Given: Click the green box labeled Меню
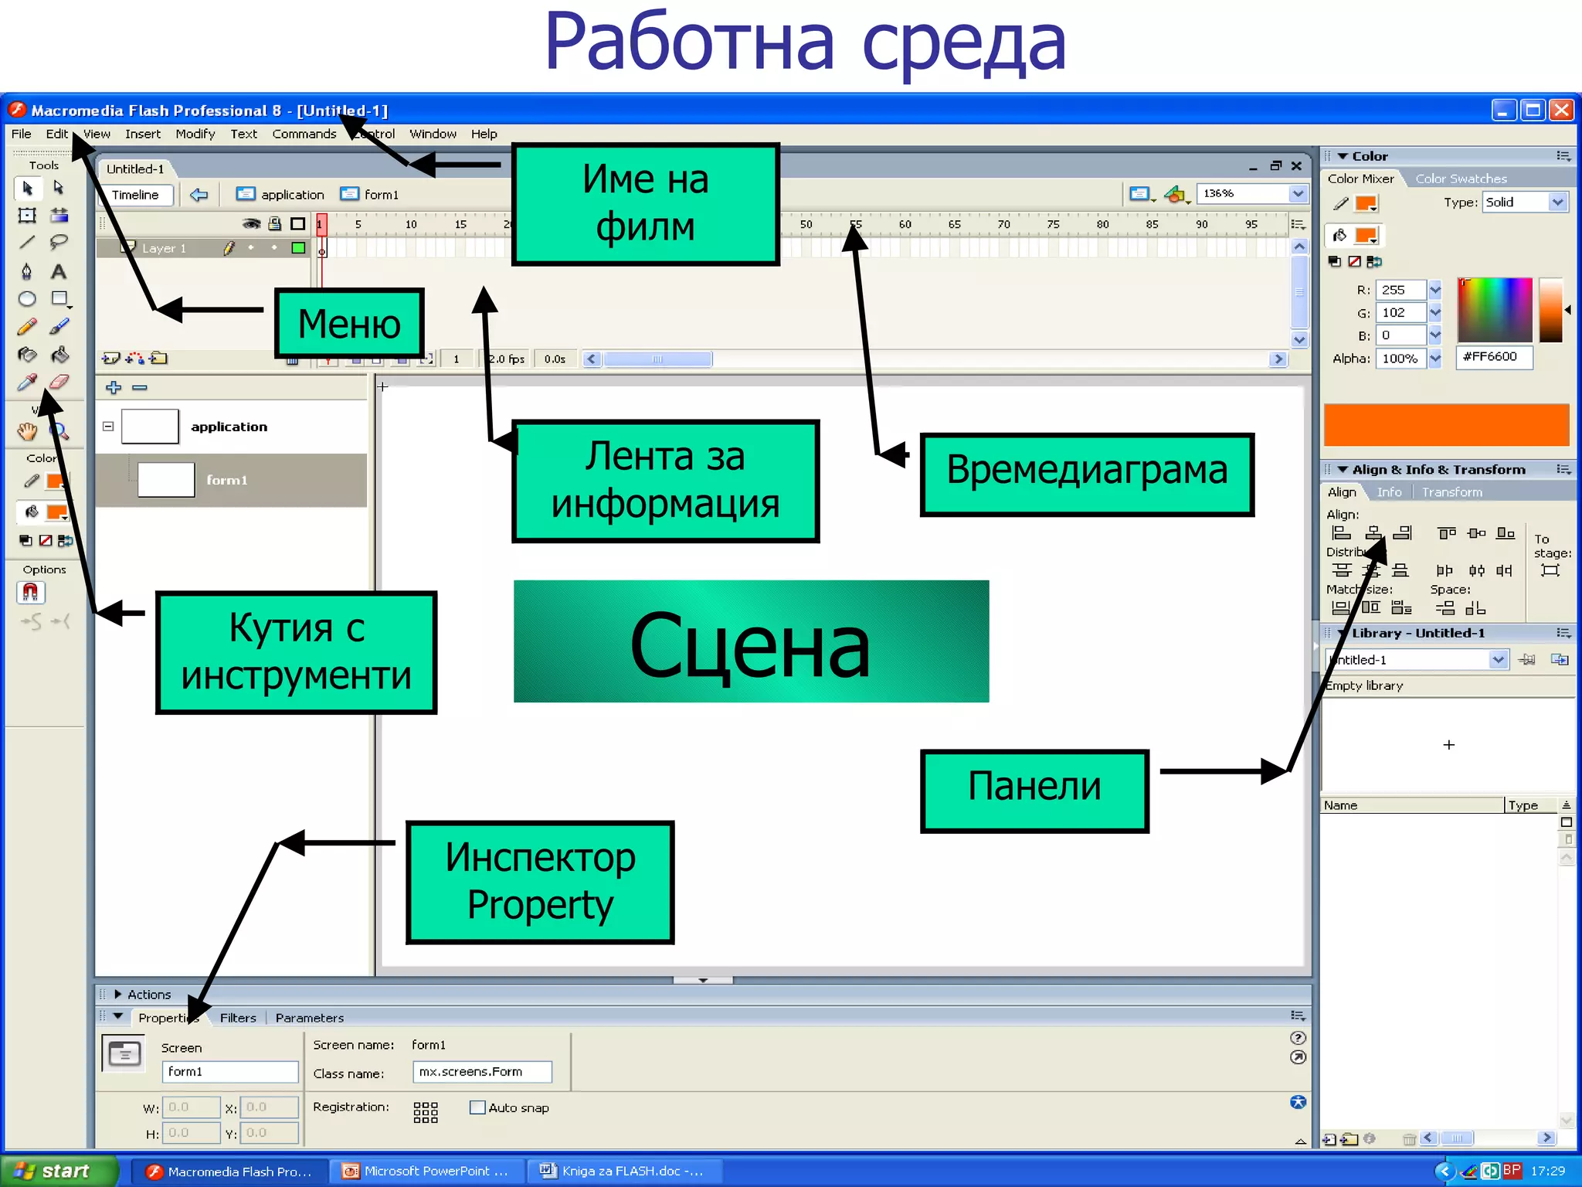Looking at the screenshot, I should click(349, 324).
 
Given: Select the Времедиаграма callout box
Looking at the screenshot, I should click(1086, 474).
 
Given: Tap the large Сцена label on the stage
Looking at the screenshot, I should click(750, 641).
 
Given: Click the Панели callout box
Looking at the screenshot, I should click(1034, 790).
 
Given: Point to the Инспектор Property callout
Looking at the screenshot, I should click(540, 882).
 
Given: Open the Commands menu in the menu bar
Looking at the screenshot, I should click(304, 134).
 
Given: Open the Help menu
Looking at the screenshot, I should click(484, 134).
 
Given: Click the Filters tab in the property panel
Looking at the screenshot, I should click(238, 1018).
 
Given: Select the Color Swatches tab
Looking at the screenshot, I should click(1460, 179).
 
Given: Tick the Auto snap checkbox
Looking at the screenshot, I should click(477, 1107).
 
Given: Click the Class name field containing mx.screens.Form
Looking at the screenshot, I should click(482, 1072).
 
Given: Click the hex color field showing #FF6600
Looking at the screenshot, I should click(1493, 357).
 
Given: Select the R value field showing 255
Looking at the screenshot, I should click(1400, 290).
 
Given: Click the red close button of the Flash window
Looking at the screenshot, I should click(1561, 111).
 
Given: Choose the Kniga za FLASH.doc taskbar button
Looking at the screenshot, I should click(623, 1171).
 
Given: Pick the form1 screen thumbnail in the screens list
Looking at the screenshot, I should click(166, 480).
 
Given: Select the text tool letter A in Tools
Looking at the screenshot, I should click(59, 272).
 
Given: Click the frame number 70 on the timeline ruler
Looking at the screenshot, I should click(1003, 224).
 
